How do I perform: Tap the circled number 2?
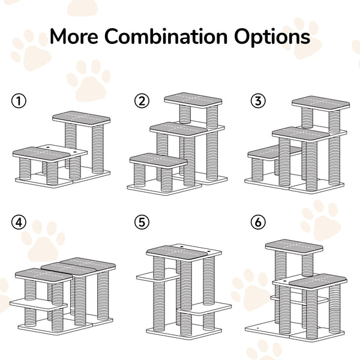[x=142, y=101]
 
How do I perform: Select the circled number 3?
[x=258, y=101]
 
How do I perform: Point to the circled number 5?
[x=142, y=223]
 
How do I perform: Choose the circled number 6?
[x=258, y=223]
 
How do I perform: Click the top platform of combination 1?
[x=81, y=118]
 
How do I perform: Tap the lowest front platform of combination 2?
[x=157, y=160]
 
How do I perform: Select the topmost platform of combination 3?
[x=320, y=102]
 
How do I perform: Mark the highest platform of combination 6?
[x=294, y=245]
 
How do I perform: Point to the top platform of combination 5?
[x=184, y=251]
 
